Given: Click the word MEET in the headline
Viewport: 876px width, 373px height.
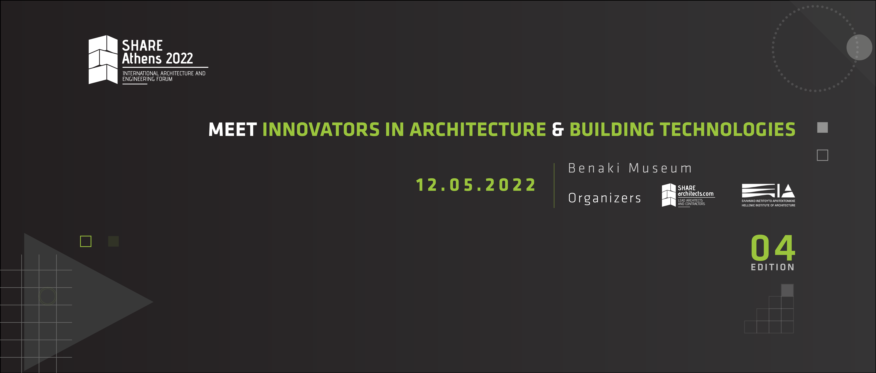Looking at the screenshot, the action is (233, 130).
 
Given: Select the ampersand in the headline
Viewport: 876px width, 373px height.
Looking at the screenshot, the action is (558, 130).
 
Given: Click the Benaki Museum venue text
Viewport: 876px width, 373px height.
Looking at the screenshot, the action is (630, 168).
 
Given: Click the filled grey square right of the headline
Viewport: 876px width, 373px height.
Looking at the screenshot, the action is (822, 128).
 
